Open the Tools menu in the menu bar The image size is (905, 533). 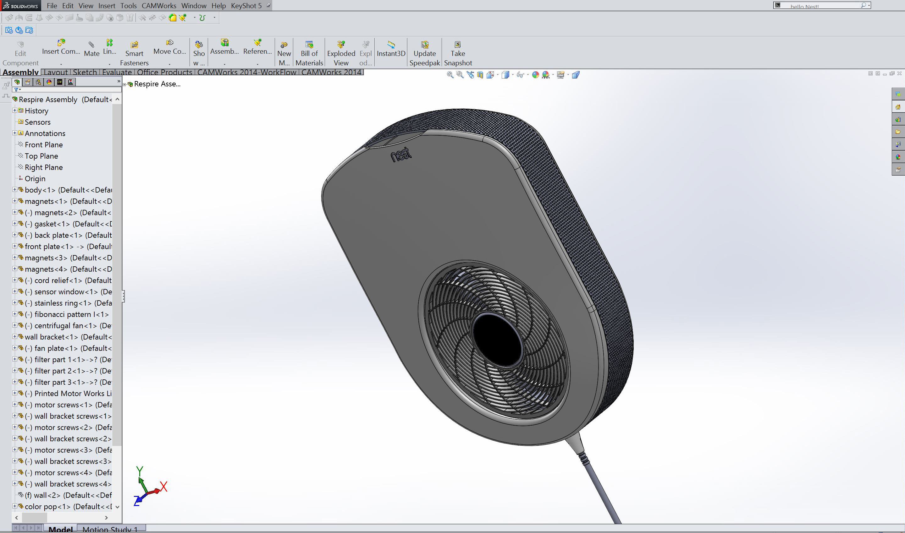(x=128, y=6)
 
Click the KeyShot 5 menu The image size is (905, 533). (x=246, y=6)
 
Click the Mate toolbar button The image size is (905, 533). (x=91, y=48)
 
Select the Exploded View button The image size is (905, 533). (x=341, y=53)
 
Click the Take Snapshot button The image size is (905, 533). (x=458, y=53)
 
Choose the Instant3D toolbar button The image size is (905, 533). (x=391, y=48)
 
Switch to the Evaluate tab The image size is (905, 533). (x=117, y=72)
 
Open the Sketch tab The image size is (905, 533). (x=85, y=72)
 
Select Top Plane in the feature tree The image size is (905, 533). (x=41, y=156)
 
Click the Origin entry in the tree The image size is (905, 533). (x=35, y=178)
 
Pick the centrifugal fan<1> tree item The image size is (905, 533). (x=65, y=325)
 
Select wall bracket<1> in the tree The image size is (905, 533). (x=51, y=337)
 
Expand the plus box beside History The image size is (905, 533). (x=15, y=111)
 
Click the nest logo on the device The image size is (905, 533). (x=401, y=155)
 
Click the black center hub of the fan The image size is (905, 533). (x=497, y=340)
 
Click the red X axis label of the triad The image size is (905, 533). (x=163, y=487)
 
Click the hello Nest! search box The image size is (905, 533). (x=819, y=6)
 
